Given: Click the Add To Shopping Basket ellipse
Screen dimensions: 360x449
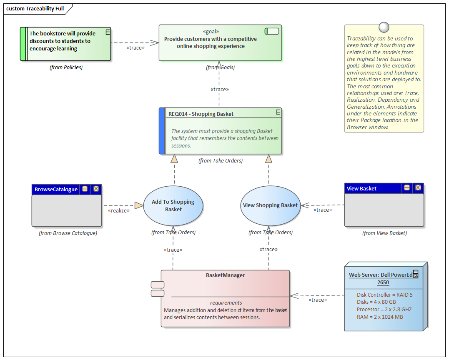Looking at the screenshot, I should coord(173,205).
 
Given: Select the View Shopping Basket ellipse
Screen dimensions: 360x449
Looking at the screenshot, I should coord(271,205).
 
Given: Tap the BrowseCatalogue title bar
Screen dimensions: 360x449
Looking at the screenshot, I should coord(56,189).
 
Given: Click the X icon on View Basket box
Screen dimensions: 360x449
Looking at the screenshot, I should coord(418,188).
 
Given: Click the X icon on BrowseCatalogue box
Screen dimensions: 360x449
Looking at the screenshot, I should coord(96,189).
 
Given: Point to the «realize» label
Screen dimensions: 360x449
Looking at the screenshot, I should coord(118,211).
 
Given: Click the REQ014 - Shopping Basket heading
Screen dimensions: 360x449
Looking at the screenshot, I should coord(201,114).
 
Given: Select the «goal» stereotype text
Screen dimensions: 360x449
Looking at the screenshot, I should coord(211,31).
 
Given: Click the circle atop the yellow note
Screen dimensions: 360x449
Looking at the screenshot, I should coord(384,27).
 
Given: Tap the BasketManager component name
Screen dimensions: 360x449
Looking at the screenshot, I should coord(225,275).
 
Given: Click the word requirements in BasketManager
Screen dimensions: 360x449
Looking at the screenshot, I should coord(226,303).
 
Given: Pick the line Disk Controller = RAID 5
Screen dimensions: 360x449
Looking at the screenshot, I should coord(384,295).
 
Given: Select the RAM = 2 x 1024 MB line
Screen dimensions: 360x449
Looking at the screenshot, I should coord(380,317).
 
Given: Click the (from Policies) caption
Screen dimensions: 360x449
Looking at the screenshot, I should coord(66,67).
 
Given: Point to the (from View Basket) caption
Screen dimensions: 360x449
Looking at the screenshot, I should coord(384,233).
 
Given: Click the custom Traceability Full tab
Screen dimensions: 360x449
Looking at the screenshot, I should coord(35,8).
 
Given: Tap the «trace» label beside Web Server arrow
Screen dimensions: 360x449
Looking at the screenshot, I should coord(317,300).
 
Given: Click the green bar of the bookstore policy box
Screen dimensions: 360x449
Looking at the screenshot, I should coord(23,44).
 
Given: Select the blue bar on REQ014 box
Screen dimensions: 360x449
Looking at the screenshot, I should coord(162,131).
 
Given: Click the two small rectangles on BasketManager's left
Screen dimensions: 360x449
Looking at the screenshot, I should coord(158,289).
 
